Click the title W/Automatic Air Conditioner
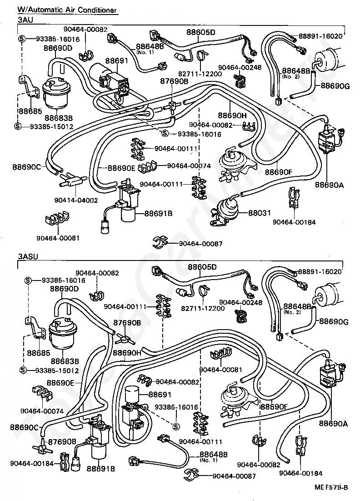point(67,10)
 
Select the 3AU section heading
point(25,20)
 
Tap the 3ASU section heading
point(28,256)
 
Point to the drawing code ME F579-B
point(331,487)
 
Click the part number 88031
point(260,212)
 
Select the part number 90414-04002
point(76,200)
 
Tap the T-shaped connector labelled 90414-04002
point(70,180)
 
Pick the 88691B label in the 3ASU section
point(100,469)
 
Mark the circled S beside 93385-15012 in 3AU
point(18,126)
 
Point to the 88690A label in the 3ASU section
point(333,424)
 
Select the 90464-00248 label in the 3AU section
point(240,67)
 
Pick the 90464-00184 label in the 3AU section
point(294,222)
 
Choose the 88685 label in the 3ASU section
point(39,353)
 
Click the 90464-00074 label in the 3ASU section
point(42,411)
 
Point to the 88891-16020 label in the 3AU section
point(320,36)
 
